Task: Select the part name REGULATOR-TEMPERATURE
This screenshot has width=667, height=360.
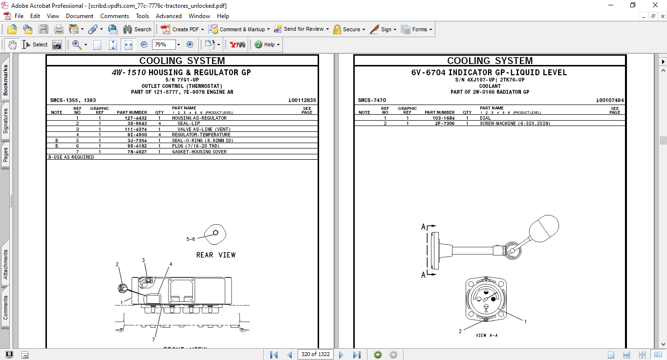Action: click(201, 135)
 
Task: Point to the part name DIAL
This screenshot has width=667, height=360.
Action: click(485, 118)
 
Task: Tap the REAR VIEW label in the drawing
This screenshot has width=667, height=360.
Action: click(215, 255)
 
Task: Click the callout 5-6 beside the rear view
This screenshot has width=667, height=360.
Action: click(190, 239)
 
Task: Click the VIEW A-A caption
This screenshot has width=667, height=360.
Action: click(487, 336)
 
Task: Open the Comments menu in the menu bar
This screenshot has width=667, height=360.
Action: click(115, 16)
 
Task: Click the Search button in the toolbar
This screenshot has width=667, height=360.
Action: click(137, 29)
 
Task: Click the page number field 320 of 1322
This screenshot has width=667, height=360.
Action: click(315, 354)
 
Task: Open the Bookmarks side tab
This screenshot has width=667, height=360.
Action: click(5, 80)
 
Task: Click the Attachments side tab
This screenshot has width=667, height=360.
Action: click(5, 264)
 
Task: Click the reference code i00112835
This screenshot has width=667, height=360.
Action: click(302, 101)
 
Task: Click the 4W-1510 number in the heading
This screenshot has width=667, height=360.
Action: click(129, 72)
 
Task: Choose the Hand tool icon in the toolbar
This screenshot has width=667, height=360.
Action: click(12, 44)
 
